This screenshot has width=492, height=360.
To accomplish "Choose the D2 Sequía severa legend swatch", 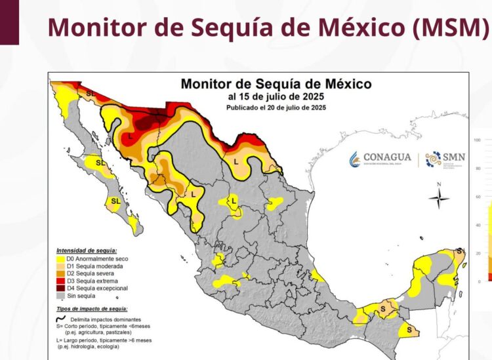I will click(61, 273).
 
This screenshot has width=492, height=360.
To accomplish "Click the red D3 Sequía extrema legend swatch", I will click(61, 281).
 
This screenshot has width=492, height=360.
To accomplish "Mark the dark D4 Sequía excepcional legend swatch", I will click(61, 289).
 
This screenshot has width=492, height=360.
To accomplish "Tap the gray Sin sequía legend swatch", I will click(61, 296).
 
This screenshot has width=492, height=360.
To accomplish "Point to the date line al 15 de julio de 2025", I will click(276, 96).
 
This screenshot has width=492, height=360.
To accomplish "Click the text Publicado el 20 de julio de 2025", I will click(276, 107).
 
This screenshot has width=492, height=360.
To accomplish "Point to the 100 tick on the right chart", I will click(478, 140).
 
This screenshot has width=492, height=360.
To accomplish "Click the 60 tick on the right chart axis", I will click(478, 197).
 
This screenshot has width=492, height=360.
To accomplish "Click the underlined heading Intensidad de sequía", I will click(87, 250).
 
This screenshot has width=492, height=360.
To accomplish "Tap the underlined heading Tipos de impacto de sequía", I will click(92, 308).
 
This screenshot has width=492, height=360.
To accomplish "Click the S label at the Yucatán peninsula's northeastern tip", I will click(460, 252).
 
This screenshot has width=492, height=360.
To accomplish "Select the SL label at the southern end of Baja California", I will click(116, 201).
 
